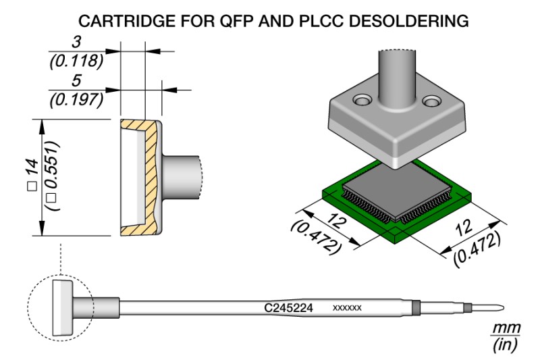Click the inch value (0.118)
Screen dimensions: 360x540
coord(76,62)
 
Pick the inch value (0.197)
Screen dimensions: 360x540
coord(76,100)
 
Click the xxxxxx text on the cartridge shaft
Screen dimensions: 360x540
coord(348,308)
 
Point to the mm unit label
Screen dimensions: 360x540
coord(506,328)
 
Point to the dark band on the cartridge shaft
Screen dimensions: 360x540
coord(416,308)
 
